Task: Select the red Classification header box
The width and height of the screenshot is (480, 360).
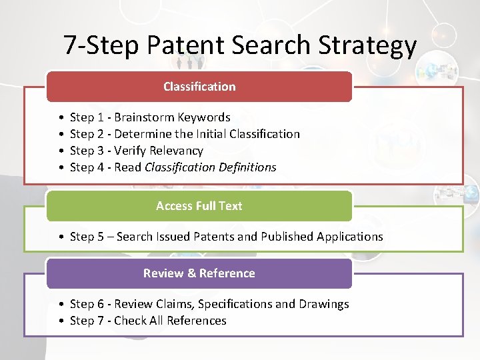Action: (x=199, y=87)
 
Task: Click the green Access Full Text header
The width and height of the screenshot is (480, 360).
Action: (x=199, y=206)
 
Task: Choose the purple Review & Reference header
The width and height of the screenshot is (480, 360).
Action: (x=199, y=273)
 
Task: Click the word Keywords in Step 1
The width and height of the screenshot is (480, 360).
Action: (x=204, y=117)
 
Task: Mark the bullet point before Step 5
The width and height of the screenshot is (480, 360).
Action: (x=61, y=237)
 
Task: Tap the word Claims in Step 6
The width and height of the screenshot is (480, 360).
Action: (x=174, y=304)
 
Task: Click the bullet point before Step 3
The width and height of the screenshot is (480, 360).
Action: (x=61, y=151)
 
